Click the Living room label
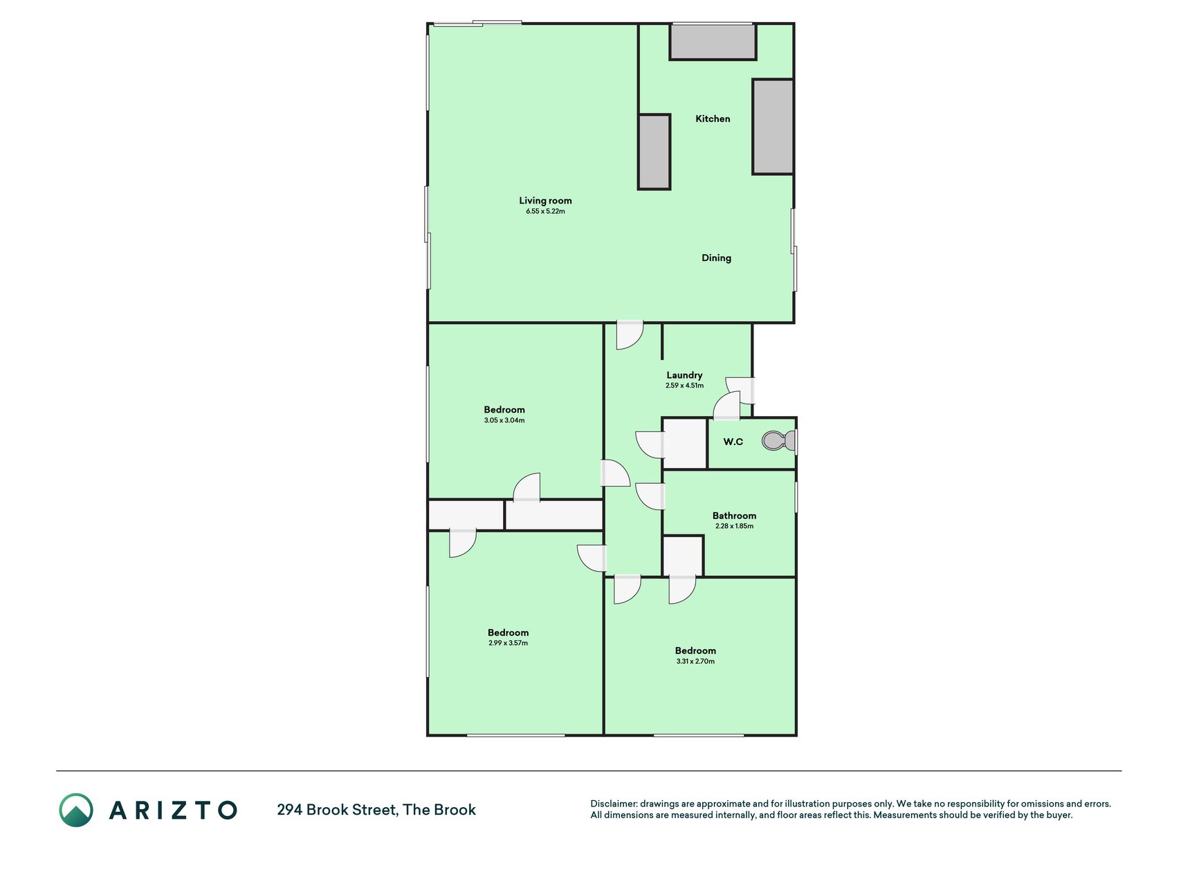coord(545,201)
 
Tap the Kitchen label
coord(713,118)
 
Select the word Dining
coord(716,257)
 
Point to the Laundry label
coord(684,375)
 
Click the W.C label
coord(733,442)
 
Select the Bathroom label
coord(734,516)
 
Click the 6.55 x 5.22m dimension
coord(545,211)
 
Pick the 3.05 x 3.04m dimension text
coord(504,420)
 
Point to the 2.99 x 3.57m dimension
coord(508,643)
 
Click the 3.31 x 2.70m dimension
coord(695,661)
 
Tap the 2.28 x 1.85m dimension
coord(734,526)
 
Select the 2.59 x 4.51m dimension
coord(684,386)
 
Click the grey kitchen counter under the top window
coord(713,42)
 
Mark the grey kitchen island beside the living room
coord(654,152)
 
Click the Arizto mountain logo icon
coord(76,810)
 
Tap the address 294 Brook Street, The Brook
coord(376,810)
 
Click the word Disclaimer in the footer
coord(613,804)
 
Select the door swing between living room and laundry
coord(630,335)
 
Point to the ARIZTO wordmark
coord(173,810)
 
